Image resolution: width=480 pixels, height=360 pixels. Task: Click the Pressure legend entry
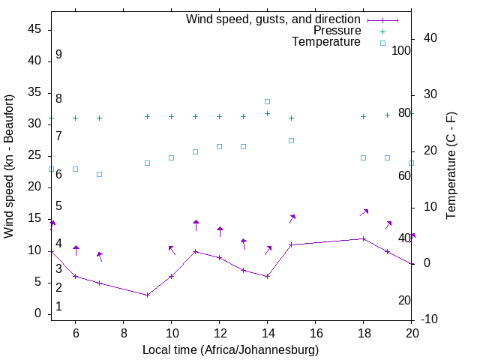click(337, 31)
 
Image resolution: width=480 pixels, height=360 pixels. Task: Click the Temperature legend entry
click(326, 43)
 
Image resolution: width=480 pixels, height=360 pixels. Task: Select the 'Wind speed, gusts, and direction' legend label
click(273, 19)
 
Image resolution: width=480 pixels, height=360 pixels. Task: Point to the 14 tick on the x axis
click(267, 330)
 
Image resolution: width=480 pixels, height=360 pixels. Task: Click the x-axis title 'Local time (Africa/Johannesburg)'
click(230, 350)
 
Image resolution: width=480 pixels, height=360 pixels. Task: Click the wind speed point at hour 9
click(147, 295)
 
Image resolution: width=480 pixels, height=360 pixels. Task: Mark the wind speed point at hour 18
click(363, 238)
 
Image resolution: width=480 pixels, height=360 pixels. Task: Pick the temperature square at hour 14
click(267, 101)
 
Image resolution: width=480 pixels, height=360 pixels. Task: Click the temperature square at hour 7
click(99, 174)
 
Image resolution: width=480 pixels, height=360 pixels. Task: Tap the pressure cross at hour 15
click(291, 118)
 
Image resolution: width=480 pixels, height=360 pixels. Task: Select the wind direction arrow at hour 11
click(196, 225)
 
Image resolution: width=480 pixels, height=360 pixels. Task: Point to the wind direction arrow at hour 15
click(292, 218)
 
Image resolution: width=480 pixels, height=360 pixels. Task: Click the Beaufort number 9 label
click(58, 55)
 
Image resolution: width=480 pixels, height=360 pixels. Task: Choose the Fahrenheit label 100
click(401, 50)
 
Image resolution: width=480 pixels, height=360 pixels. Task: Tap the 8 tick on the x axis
click(123, 330)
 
